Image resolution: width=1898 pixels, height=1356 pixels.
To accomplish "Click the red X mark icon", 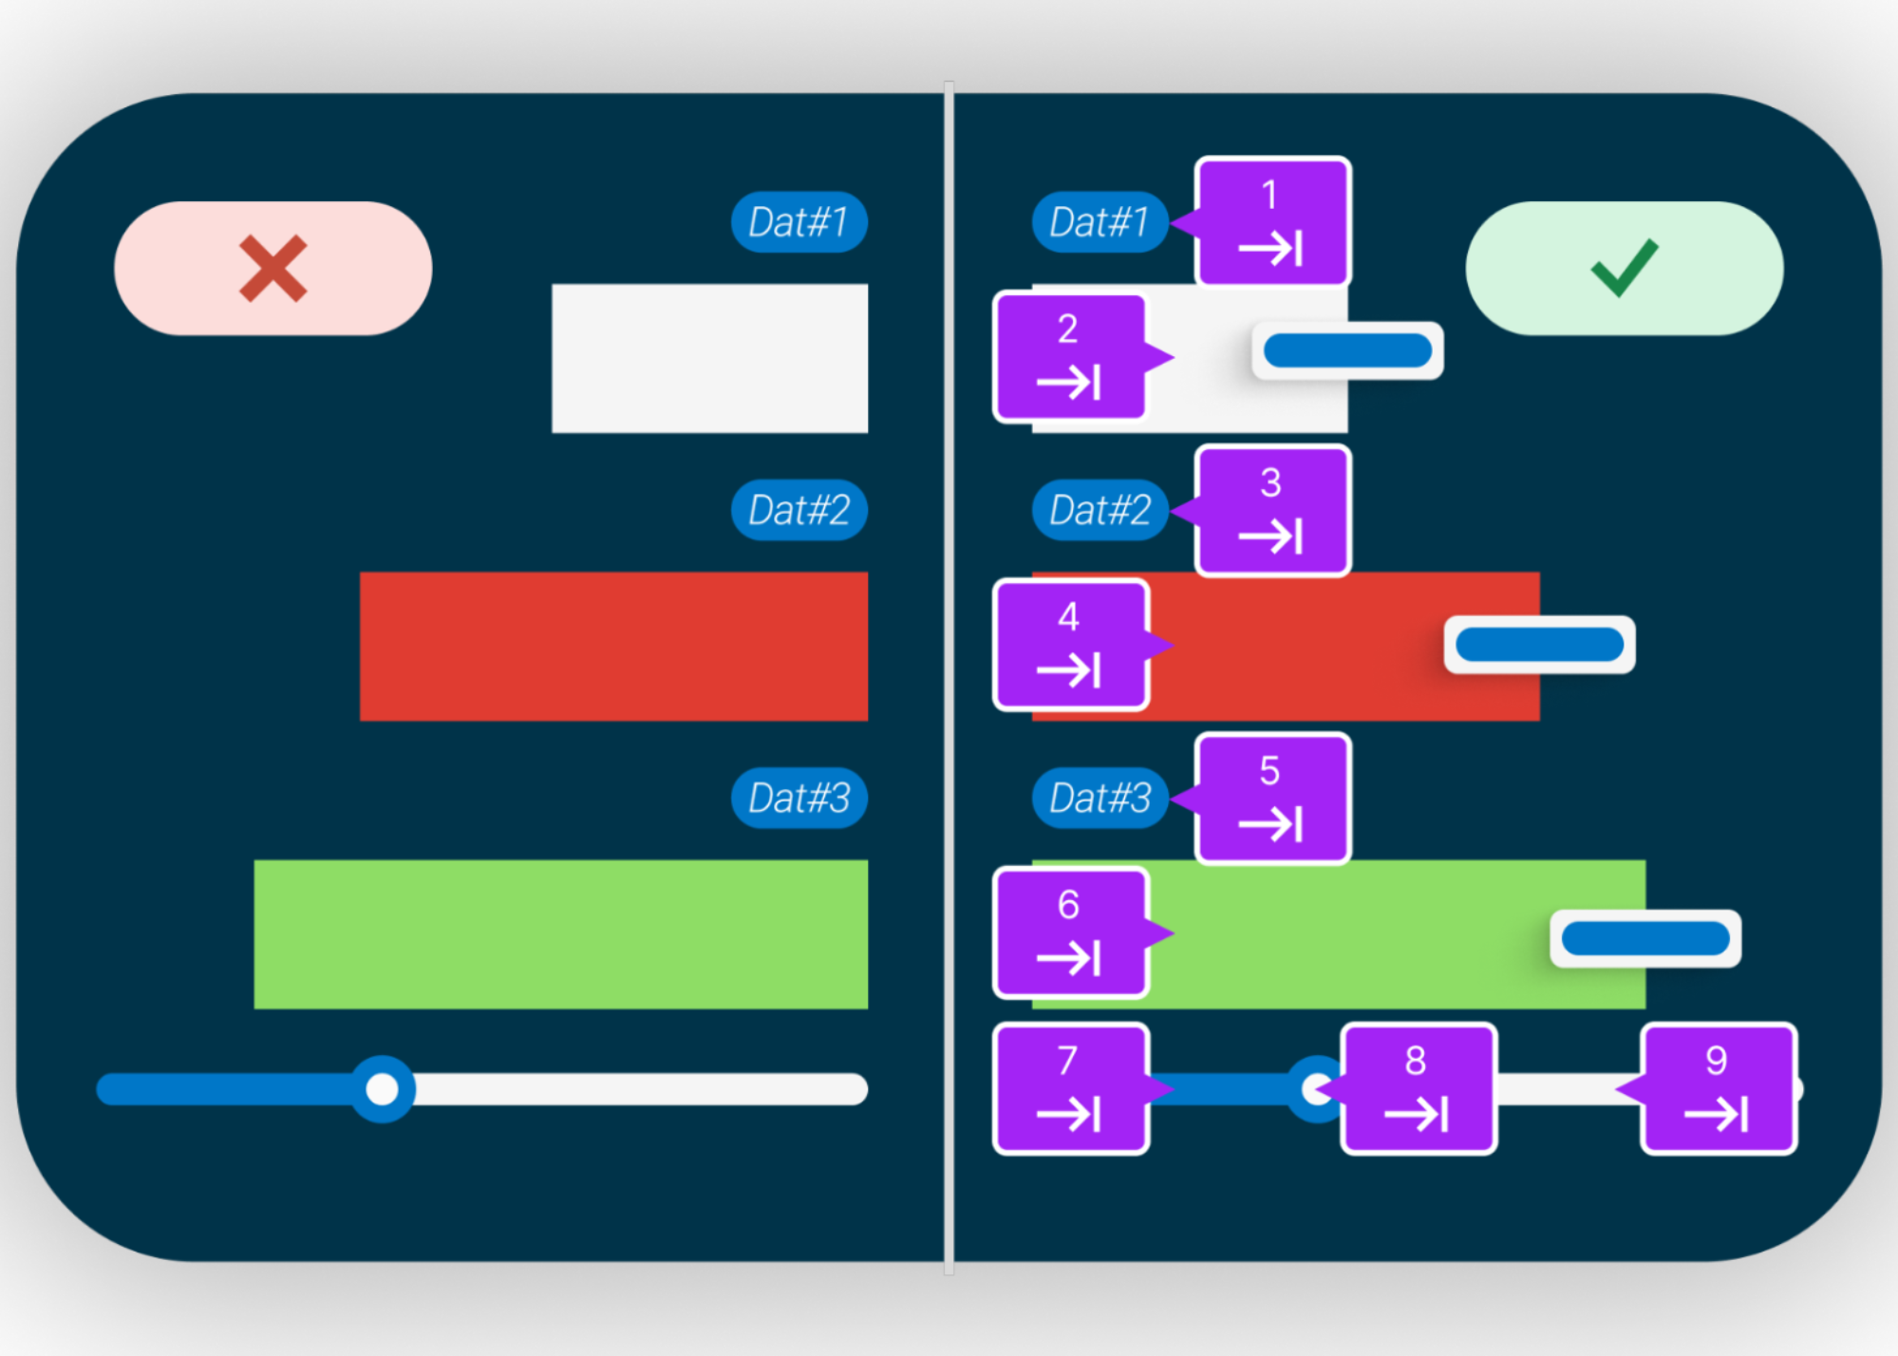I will (x=272, y=269).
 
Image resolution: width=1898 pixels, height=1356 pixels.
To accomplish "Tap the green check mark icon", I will (x=1624, y=268).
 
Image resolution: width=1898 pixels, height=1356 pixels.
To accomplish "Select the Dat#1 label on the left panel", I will (x=799, y=222).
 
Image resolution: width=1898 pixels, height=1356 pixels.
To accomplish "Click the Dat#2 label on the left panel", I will (x=799, y=510).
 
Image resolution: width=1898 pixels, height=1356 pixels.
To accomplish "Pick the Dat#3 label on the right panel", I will (x=1099, y=798).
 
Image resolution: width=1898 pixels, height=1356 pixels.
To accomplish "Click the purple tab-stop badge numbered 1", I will (x=1272, y=222).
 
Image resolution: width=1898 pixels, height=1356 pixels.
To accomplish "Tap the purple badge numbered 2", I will (x=1070, y=357).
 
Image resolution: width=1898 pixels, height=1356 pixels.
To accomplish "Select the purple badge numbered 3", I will (x=1272, y=511).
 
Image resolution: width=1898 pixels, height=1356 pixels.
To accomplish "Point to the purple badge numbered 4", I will (x=1070, y=645).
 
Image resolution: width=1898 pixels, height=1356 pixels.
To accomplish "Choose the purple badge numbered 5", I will (x=1272, y=799).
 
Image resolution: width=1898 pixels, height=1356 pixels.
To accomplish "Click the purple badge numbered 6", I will (x=1070, y=933).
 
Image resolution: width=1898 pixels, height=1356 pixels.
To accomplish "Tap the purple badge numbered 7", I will (x=1070, y=1089).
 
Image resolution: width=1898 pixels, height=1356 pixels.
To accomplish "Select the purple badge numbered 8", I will (x=1419, y=1089).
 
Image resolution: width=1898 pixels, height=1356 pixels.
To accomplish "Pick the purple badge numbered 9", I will (x=1719, y=1089).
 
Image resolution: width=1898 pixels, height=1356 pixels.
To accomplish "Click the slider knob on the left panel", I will (x=383, y=1089).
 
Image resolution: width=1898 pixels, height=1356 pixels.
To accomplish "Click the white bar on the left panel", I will (x=709, y=358).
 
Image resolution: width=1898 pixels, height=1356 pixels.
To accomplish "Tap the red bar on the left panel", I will (x=613, y=646).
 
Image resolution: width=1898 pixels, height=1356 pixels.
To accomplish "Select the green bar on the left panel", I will (x=560, y=934).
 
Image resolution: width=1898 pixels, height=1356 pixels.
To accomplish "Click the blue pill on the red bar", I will (x=1539, y=645).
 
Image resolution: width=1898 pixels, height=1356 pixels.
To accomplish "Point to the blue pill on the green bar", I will (x=1644, y=939).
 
